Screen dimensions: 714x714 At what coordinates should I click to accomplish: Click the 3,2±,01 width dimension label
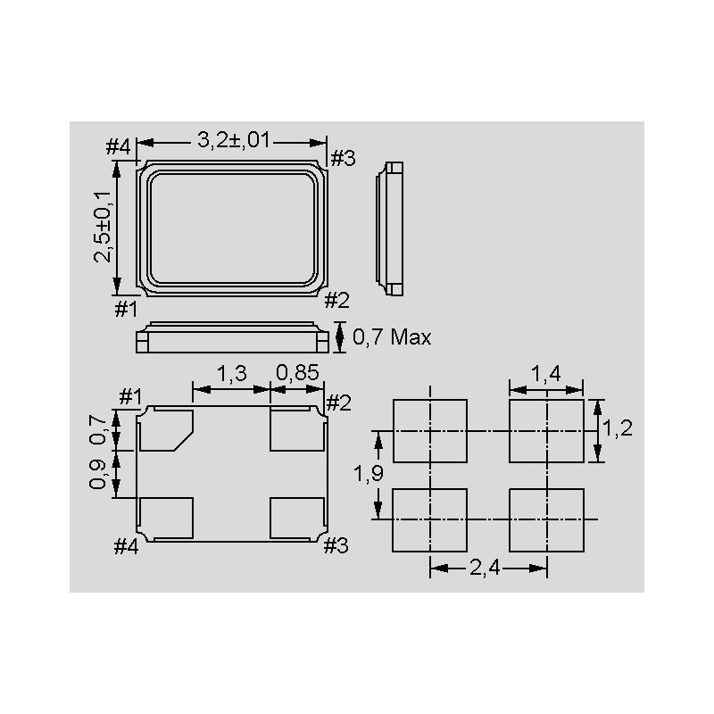(x=234, y=140)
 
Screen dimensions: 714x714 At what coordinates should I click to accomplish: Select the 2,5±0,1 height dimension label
(x=103, y=228)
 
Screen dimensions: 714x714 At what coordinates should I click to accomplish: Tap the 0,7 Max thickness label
(x=392, y=337)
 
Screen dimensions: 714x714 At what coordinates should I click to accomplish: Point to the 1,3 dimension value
(x=231, y=374)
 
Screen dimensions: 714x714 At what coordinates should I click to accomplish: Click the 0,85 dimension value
(x=297, y=373)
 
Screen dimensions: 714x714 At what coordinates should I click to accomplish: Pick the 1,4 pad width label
(x=545, y=374)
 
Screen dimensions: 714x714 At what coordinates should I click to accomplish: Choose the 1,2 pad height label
(x=618, y=428)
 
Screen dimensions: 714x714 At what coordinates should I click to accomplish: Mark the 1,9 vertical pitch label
(x=369, y=474)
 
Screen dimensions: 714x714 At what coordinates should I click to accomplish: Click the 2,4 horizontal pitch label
(x=485, y=568)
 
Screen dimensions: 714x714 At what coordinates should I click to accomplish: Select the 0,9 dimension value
(x=97, y=474)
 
